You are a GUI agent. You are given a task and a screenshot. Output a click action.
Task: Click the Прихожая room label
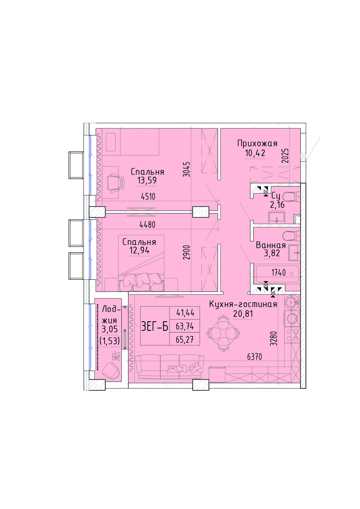257,144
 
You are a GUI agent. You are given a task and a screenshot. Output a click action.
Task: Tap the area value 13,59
147,181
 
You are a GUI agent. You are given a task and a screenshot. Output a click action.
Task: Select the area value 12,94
139,250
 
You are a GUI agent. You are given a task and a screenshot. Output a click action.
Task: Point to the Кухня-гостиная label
243,304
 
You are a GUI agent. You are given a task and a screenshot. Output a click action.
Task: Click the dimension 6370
255,357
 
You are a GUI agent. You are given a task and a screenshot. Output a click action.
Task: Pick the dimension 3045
187,169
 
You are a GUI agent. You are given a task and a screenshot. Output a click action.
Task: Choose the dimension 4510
148,196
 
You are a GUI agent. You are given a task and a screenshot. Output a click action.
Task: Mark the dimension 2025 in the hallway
285,156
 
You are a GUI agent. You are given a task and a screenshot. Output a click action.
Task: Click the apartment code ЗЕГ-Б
155,326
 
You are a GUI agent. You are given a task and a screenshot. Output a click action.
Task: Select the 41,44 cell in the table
185,313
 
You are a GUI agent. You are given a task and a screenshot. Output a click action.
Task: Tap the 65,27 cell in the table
185,340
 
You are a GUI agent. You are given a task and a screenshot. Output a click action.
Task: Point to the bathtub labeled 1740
277,274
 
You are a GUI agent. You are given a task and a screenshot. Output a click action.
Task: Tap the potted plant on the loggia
116,356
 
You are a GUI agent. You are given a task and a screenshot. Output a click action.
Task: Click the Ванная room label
271,245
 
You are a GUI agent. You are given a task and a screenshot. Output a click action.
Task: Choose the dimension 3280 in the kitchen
274,338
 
